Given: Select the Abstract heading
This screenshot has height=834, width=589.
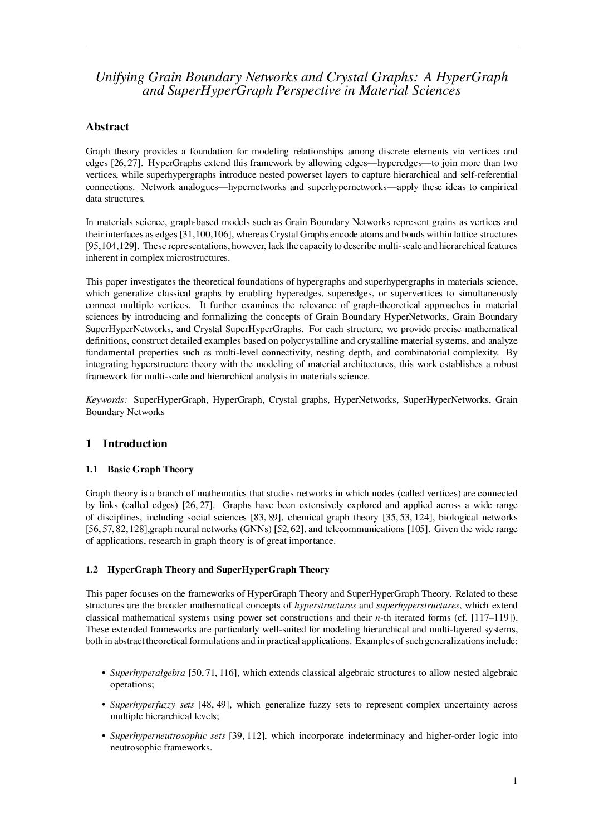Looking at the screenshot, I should click(x=107, y=127).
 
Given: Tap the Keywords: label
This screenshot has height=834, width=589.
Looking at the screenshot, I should click(x=107, y=400).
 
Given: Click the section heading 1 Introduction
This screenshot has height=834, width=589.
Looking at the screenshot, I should click(x=126, y=444).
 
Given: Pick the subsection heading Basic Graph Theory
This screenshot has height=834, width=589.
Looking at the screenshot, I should click(x=150, y=470).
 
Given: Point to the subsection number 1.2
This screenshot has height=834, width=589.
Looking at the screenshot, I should click(x=92, y=570).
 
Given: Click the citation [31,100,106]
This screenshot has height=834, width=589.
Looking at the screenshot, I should click(x=205, y=234).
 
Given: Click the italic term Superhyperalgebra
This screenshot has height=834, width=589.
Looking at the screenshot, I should click(x=148, y=673).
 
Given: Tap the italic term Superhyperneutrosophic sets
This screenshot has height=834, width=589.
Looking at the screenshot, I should click(x=168, y=736).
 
